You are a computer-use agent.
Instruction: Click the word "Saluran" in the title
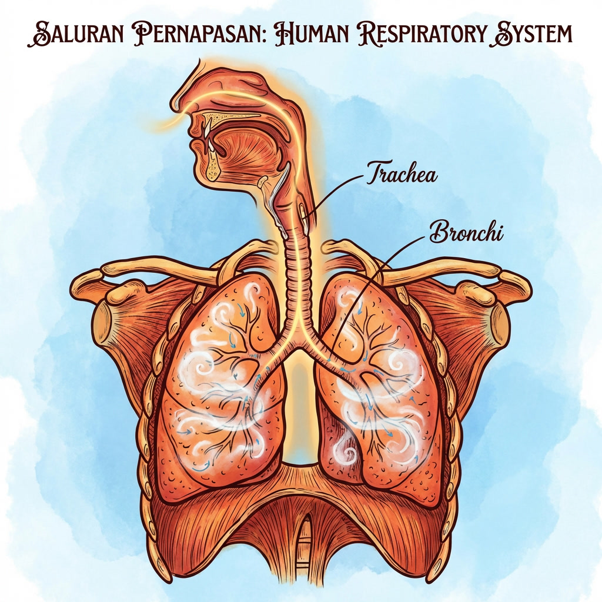pyautogui.click(x=72, y=35)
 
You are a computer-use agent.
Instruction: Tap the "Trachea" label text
pyautogui.click(x=402, y=173)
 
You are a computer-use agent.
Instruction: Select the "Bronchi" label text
pyautogui.click(x=467, y=232)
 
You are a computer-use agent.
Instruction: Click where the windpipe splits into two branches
pyautogui.click(x=299, y=344)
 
